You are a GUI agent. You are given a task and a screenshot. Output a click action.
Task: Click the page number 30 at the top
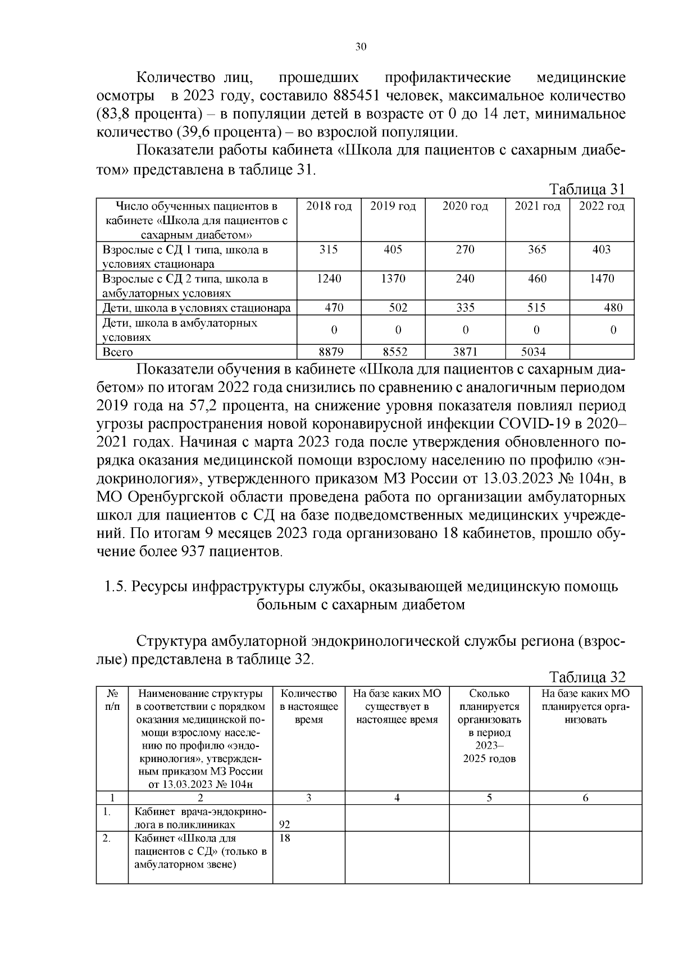click(x=361, y=47)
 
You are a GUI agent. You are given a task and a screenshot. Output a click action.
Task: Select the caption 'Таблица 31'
click(x=587, y=189)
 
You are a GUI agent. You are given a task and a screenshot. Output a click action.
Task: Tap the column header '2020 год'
click(x=465, y=206)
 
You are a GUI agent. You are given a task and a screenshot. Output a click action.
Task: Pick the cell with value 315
click(x=329, y=249)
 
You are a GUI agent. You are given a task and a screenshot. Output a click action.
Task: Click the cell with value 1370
click(x=393, y=279)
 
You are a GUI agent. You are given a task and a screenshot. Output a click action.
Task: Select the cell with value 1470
click(x=602, y=279)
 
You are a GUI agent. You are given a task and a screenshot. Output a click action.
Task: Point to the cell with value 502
click(x=398, y=307)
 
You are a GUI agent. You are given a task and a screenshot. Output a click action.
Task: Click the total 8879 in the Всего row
click(x=331, y=352)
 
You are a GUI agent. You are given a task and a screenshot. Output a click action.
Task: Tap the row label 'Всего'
click(x=117, y=352)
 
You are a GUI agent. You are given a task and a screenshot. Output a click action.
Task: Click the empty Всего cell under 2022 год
click(x=602, y=352)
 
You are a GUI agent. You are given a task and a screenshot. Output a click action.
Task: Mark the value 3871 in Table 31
click(x=465, y=352)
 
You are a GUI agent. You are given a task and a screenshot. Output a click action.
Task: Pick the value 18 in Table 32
click(x=285, y=838)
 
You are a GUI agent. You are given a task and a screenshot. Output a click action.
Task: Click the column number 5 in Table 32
click(x=489, y=798)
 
